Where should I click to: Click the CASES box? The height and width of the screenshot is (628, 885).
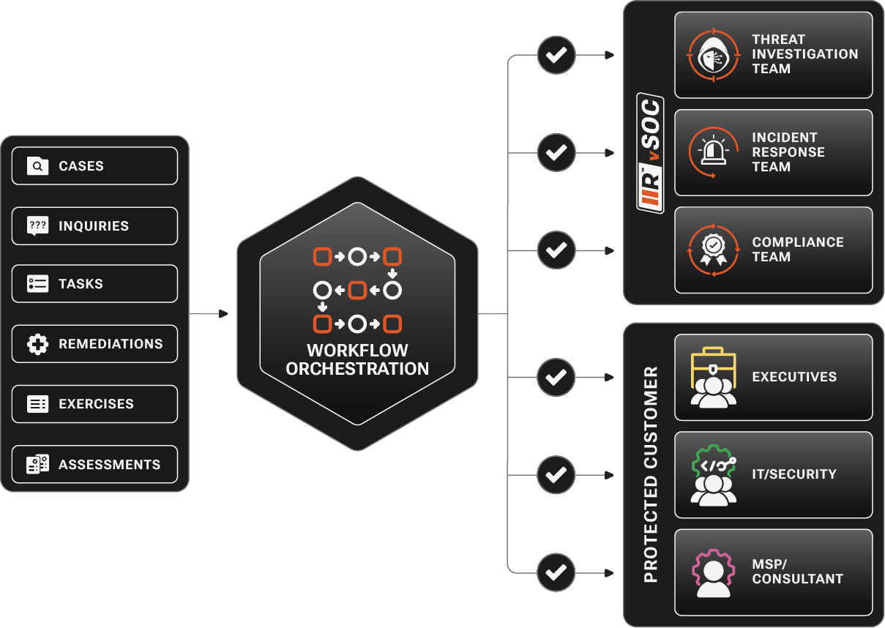tap(94, 166)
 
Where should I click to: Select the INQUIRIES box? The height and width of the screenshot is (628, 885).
tap(94, 226)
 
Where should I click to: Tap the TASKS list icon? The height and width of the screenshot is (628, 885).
tap(37, 284)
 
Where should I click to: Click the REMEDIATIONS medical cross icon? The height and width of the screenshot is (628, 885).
tap(37, 344)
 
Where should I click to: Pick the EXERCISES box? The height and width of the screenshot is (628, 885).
tap(94, 404)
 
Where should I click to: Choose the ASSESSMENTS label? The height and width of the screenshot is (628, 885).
tap(109, 465)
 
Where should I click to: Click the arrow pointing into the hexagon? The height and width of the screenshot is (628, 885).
tap(221, 314)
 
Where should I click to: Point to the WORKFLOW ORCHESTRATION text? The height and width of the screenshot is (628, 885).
tap(357, 359)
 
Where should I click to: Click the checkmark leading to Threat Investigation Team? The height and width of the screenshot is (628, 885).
tap(556, 55)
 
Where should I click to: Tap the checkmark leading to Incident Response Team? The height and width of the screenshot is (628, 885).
tap(556, 153)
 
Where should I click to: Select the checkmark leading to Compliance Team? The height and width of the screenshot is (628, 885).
tap(556, 250)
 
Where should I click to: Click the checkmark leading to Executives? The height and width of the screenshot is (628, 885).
tap(556, 378)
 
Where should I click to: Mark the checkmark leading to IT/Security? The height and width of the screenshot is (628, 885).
tap(556, 475)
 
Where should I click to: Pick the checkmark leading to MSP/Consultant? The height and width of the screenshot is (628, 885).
tap(556, 572)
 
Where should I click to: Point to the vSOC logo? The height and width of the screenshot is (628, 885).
tap(650, 153)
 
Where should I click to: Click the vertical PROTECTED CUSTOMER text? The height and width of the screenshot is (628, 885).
tap(650, 475)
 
